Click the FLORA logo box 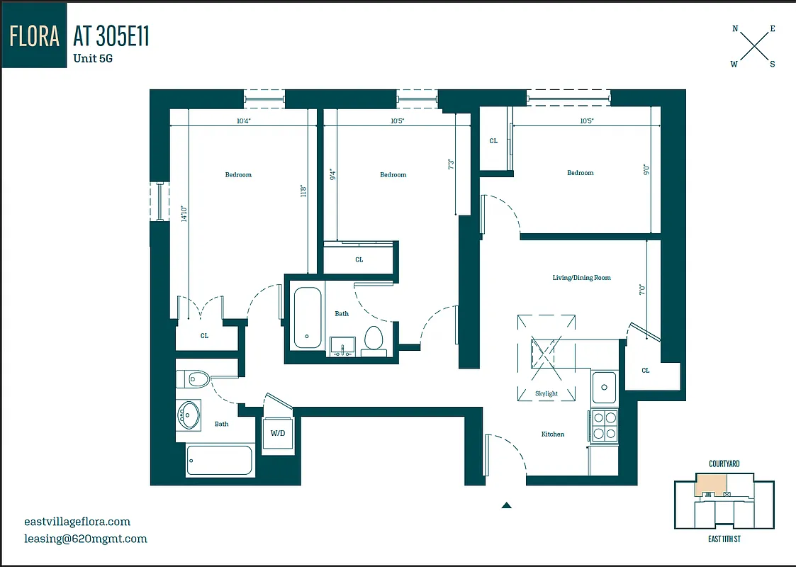point(35,35)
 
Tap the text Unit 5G point(93,59)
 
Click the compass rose point(753,46)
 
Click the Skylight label point(546,393)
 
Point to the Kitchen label point(553,434)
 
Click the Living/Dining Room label point(581,278)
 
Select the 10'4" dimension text point(244,121)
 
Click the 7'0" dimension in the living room point(642,290)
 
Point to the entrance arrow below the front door point(506,505)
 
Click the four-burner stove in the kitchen point(605,425)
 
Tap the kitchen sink point(605,388)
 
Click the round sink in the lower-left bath point(188,415)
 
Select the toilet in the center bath point(373,339)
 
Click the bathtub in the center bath point(308,317)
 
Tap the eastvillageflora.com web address point(77,522)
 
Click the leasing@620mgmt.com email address point(85,539)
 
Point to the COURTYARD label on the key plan point(724,464)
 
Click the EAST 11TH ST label point(724,539)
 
